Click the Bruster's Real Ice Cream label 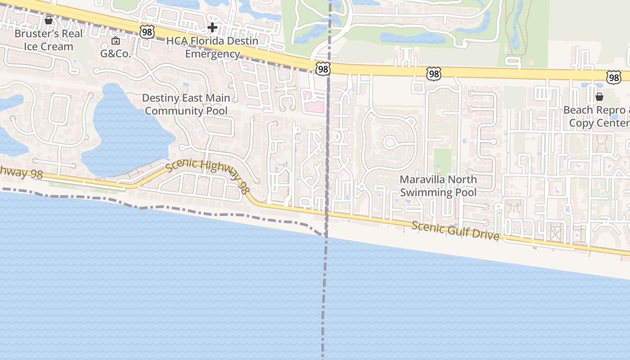[48, 40]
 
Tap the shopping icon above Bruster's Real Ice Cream [49, 20]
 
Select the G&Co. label [115, 54]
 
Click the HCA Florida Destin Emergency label [212, 47]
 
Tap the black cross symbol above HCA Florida [212, 28]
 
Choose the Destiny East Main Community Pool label [186, 104]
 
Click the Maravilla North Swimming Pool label [438, 186]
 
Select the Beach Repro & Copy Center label [597, 117]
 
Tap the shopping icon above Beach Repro [599, 97]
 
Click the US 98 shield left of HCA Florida [147, 31]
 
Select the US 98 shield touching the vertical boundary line [323, 68]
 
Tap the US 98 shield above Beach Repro [613, 77]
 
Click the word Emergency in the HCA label [212, 54]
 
